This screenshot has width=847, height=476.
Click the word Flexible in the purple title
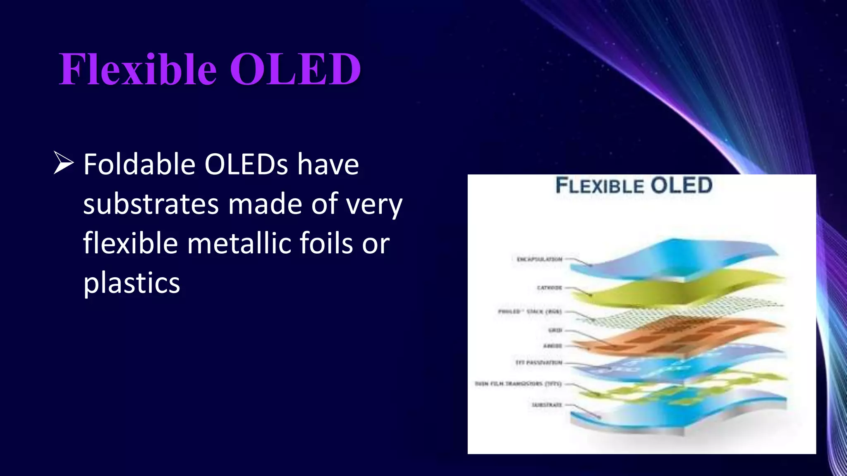138,69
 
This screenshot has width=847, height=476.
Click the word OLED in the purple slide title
295,69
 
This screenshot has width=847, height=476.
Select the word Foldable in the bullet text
139,164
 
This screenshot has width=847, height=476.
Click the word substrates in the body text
151,204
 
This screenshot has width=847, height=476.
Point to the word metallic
239,243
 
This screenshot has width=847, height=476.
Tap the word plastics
132,283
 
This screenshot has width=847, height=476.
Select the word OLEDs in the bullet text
246,164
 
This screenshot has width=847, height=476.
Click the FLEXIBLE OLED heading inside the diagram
634,186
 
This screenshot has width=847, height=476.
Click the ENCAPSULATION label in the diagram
539,259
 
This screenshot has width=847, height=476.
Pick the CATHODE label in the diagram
549,288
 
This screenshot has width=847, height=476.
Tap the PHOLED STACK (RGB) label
530,312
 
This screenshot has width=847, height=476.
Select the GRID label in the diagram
555,330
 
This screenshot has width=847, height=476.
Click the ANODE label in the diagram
553,346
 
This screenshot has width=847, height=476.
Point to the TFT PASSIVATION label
539,363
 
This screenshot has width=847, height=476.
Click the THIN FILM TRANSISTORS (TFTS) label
518,384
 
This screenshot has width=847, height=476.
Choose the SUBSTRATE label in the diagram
547,405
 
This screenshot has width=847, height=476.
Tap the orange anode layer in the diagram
678,337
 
